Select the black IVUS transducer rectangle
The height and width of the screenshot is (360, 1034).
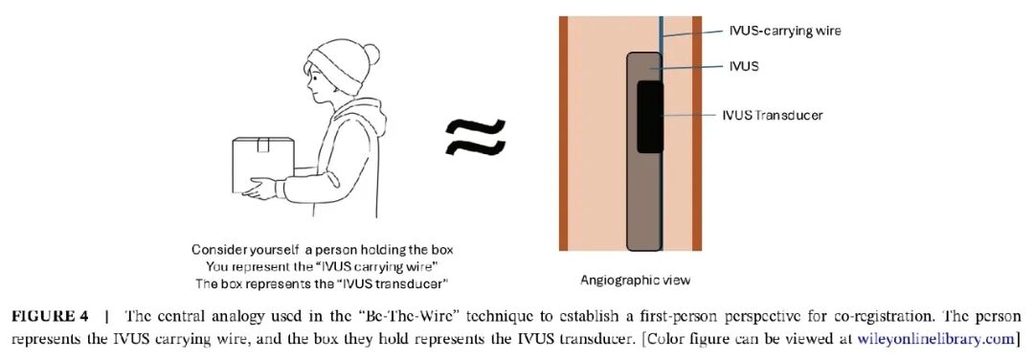pyautogui.click(x=650, y=116)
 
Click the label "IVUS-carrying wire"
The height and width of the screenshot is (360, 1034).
pyautogui.click(x=779, y=31)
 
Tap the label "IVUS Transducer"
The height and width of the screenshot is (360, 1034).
pyautogui.click(x=772, y=115)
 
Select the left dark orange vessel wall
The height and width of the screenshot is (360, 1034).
pyautogui.click(x=565, y=134)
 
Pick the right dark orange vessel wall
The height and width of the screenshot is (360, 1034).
pyautogui.click(x=698, y=134)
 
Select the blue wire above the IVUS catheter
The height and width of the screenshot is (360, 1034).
pyautogui.click(x=661, y=29)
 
